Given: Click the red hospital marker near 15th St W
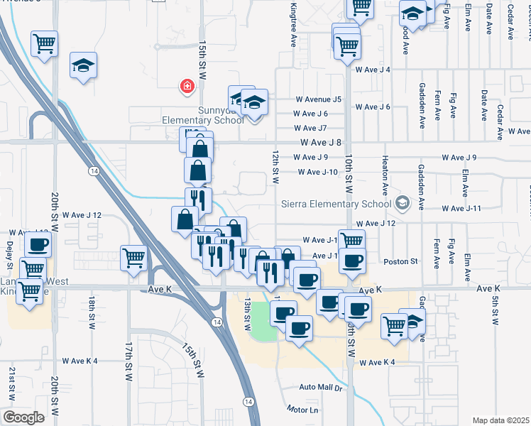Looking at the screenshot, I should [187, 87].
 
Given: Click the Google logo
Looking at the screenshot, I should [23, 417].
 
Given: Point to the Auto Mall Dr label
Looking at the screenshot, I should [321, 388].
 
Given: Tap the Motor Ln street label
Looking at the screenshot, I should [304, 410].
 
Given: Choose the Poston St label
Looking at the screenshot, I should [401, 261].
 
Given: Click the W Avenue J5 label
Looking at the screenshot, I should [319, 99].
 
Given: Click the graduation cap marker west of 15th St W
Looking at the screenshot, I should [83, 66].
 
